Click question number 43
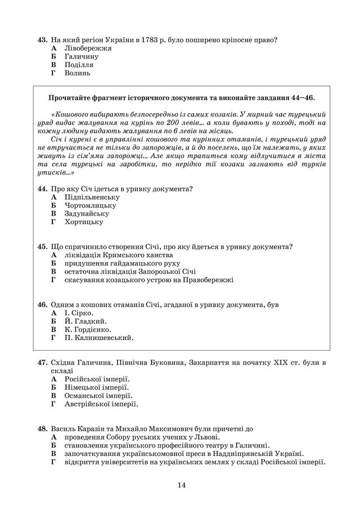tap(42, 40)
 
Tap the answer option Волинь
tap(77, 73)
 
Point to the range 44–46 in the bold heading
tap(302, 97)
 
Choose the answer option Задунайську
tap(87, 213)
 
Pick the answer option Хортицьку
tap(84, 222)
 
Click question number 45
tap(42, 247)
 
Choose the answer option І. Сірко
tap(79, 312)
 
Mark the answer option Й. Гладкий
tap(82, 321)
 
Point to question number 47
tap(42, 363)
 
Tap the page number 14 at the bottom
tap(181, 485)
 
